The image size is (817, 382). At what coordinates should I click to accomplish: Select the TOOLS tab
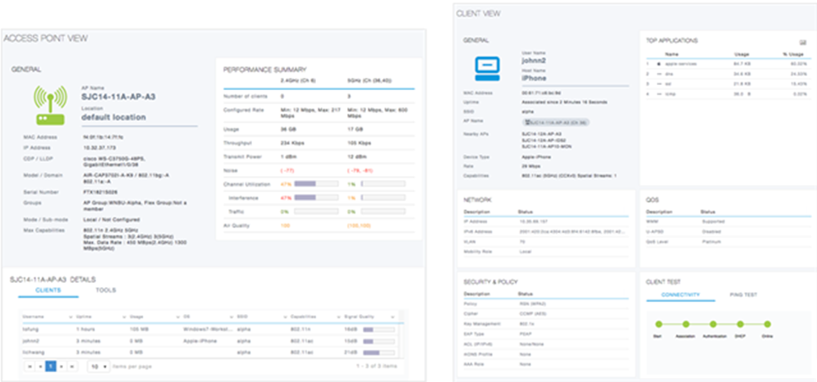(x=106, y=290)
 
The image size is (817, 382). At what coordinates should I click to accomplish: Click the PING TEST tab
(x=744, y=294)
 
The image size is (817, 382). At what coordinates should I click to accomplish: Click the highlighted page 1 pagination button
(x=50, y=366)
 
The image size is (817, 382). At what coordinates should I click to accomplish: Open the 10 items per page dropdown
(x=98, y=366)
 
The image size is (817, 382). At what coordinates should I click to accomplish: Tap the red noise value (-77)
(x=287, y=169)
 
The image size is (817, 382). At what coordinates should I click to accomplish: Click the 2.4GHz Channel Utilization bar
(x=305, y=184)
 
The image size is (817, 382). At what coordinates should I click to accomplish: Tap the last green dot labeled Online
(x=765, y=324)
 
